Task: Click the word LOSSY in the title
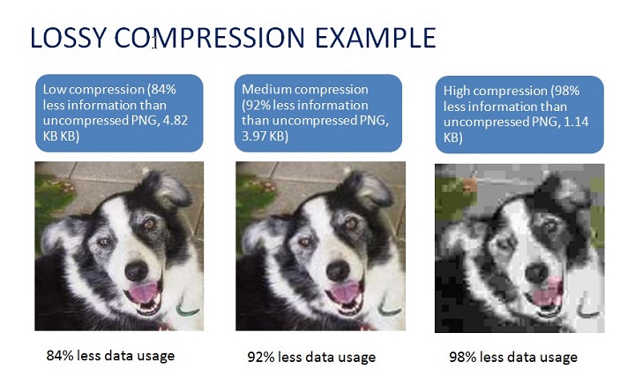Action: click(x=68, y=38)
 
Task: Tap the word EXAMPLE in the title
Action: click(x=375, y=38)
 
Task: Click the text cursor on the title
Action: click(x=154, y=41)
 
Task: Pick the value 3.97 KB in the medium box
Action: click(x=265, y=136)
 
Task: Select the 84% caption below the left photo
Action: click(x=110, y=356)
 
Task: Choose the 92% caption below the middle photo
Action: click(x=311, y=357)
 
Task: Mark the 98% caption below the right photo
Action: click(x=513, y=357)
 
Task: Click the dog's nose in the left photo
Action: click(x=137, y=270)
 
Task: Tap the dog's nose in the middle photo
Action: click(x=338, y=270)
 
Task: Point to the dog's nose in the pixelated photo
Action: click(x=537, y=273)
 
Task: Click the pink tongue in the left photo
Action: click(x=143, y=292)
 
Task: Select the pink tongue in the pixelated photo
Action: click(x=546, y=292)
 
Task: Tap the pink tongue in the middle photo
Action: click(x=344, y=292)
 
